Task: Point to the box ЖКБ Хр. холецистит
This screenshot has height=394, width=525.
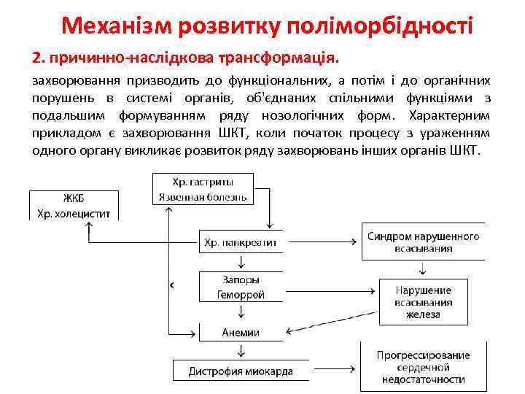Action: (x=73, y=205)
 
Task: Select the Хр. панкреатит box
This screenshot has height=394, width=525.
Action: (x=240, y=242)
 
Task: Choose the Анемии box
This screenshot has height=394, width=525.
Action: (x=240, y=332)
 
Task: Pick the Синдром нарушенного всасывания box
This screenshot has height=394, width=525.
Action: (x=423, y=242)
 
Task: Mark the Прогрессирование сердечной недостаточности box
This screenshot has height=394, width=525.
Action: (x=423, y=368)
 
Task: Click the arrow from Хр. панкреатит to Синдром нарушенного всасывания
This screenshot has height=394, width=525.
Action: (x=322, y=242)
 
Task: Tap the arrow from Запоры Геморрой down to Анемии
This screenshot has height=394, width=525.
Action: (x=240, y=312)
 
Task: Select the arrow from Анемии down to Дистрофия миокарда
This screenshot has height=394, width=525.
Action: (x=240, y=351)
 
